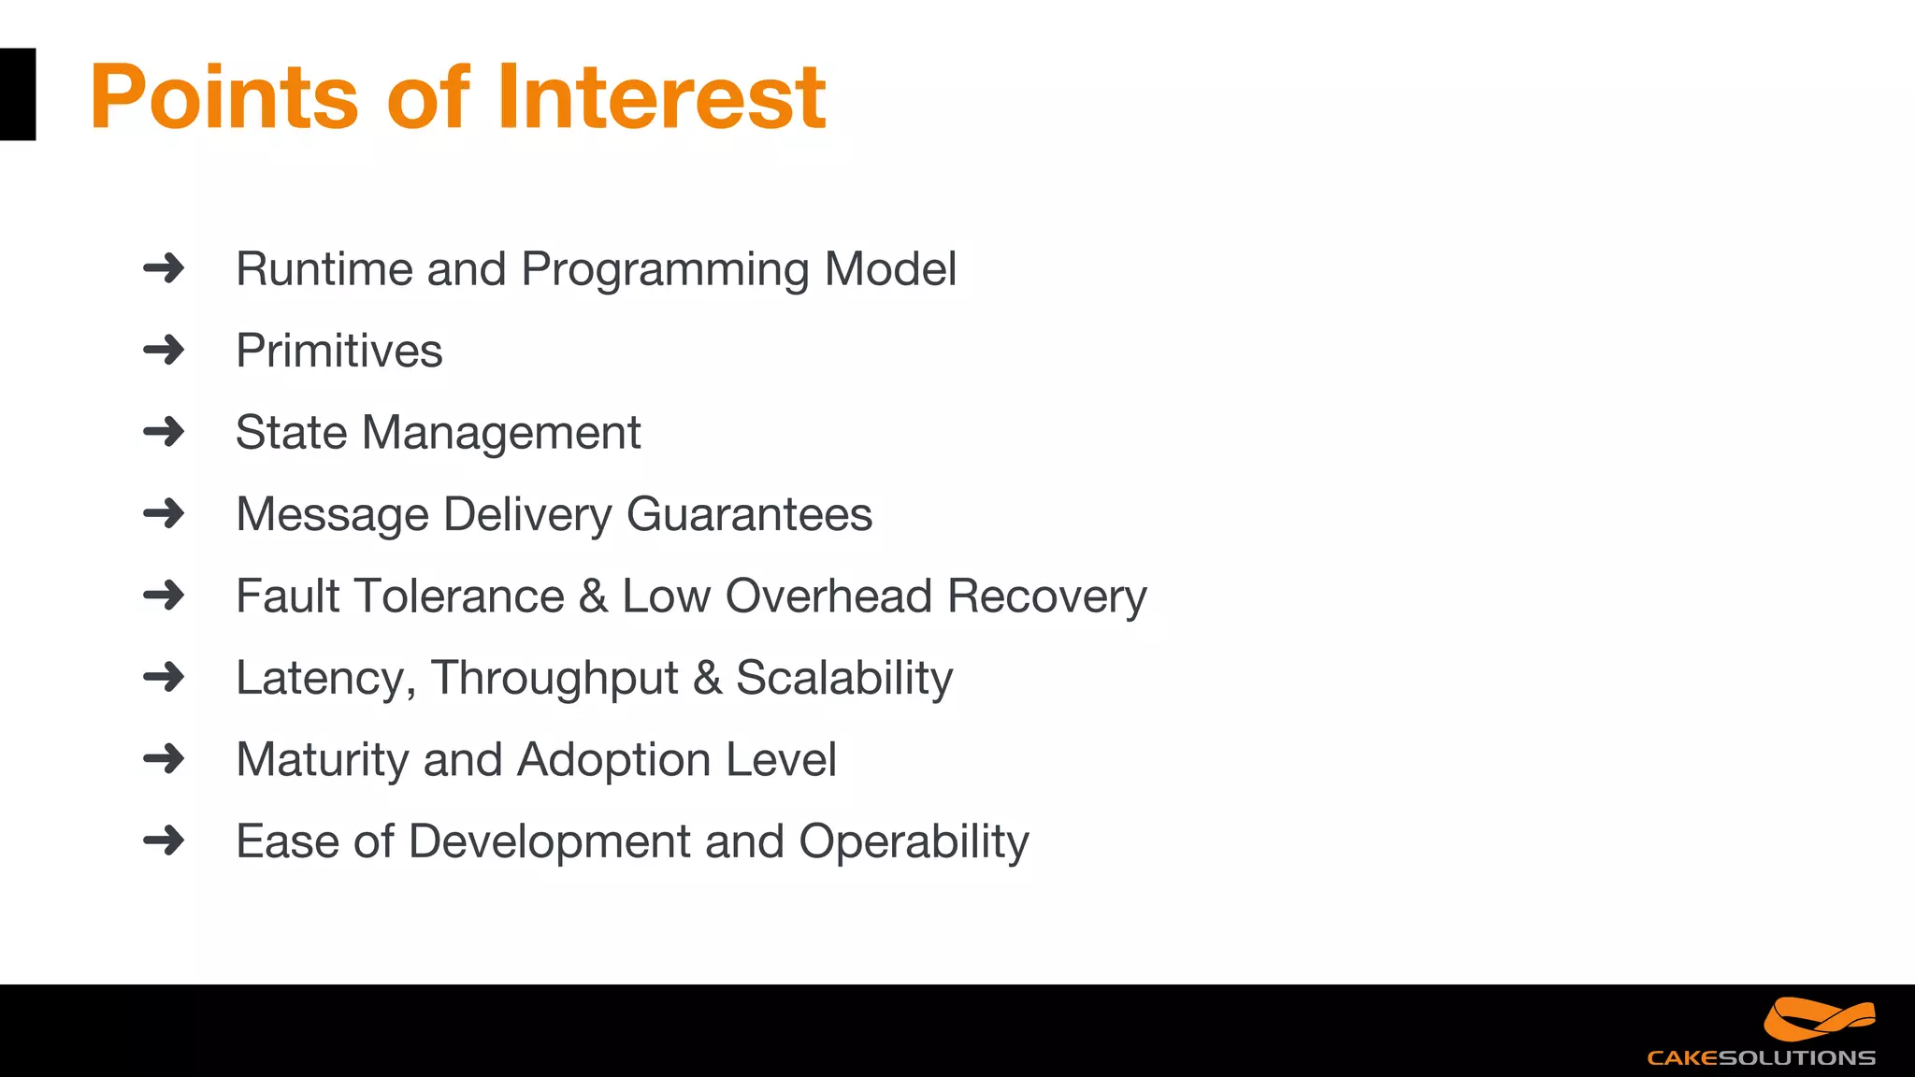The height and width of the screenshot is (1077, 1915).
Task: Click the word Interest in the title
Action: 661,96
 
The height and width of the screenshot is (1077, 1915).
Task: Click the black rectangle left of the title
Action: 17,94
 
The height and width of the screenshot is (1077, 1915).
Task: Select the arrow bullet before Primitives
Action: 165,351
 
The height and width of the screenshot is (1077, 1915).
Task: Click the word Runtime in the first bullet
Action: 324,269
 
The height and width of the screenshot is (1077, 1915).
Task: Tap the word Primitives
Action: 338,352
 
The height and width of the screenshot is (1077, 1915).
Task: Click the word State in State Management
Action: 291,433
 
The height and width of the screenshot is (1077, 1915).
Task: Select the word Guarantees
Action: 749,514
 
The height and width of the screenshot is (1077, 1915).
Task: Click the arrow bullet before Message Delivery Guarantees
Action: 165,513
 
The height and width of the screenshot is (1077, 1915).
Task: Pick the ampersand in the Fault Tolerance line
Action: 593,596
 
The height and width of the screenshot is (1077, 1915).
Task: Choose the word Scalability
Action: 844,679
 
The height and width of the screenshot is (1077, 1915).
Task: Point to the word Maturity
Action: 322,760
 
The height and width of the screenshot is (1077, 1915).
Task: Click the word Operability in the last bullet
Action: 914,842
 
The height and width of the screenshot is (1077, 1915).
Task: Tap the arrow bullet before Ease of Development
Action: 165,840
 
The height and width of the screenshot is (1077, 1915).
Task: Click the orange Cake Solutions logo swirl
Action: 1819,1019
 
